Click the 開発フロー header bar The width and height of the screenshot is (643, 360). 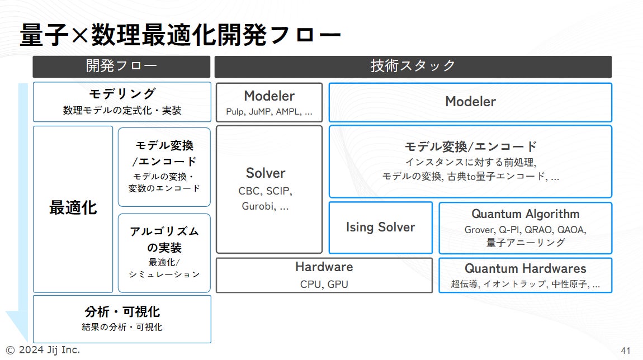pos(121,67)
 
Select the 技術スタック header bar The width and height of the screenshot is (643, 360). pos(413,67)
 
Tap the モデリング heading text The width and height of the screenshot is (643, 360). pos(122,94)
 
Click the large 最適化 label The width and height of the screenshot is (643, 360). pos(73,208)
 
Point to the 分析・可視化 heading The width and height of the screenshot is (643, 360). pos(122,312)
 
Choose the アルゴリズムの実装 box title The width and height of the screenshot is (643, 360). pos(164,239)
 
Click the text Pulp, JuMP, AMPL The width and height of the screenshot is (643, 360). pos(269,111)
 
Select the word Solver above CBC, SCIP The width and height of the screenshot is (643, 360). pos(266,173)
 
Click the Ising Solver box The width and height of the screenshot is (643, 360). pos(380,228)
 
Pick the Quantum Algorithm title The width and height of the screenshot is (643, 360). pos(525,214)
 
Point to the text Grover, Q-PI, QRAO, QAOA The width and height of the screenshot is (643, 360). pos(525,229)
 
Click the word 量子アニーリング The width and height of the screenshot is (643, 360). pos(525,243)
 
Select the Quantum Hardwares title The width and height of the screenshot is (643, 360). pos(525,269)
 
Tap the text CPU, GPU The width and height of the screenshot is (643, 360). pos(324,284)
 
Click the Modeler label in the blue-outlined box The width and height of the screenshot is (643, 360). pos(470,102)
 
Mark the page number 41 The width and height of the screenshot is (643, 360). pos(625,350)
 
